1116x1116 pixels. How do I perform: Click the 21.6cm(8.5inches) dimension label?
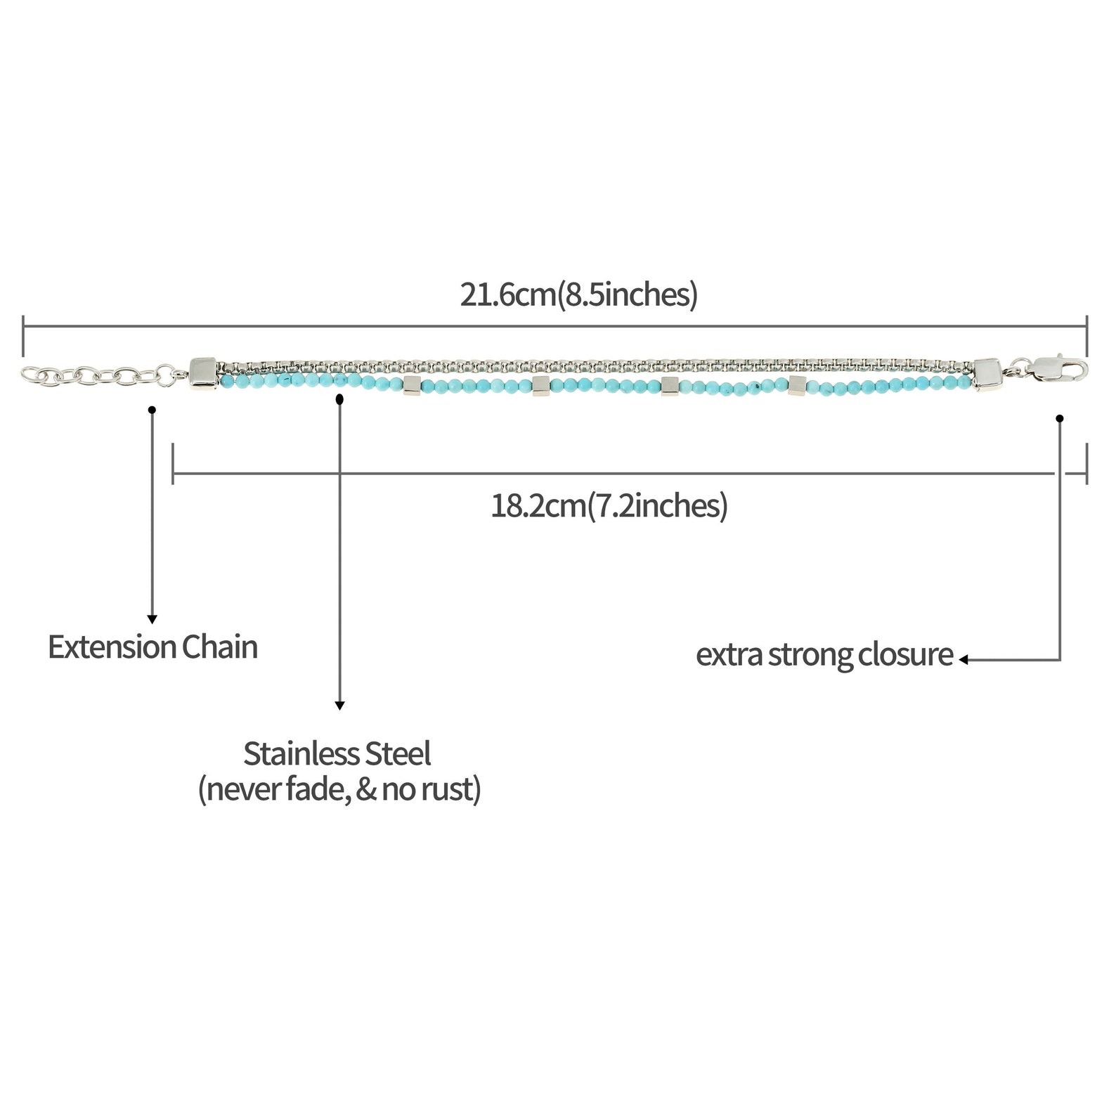(x=579, y=294)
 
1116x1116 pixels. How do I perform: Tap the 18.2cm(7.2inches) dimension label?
(x=609, y=505)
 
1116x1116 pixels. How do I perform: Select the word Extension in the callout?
(x=112, y=647)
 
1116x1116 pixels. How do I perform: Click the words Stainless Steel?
(x=337, y=753)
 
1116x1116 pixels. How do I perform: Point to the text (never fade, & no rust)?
(x=339, y=789)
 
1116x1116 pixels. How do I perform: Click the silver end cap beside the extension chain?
(x=203, y=372)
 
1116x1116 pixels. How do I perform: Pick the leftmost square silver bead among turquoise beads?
(x=412, y=385)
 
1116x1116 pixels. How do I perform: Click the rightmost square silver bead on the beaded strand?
(x=798, y=384)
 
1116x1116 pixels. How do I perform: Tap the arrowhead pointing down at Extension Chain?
(x=152, y=619)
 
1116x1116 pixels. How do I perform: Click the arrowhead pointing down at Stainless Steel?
(x=339, y=706)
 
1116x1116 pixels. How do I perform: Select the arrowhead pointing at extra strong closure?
(x=964, y=660)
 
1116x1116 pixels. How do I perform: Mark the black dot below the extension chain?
(x=152, y=410)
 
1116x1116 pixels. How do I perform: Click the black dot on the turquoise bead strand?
(x=340, y=399)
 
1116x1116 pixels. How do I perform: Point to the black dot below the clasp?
(x=1060, y=419)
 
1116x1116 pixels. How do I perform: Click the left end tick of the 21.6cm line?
(x=24, y=336)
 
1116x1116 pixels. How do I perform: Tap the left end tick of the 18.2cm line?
(x=173, y=463)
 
